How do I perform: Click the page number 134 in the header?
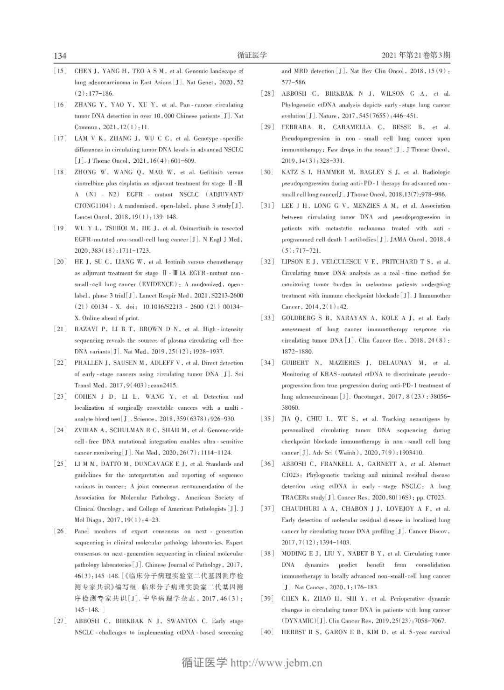(x=60, y=56)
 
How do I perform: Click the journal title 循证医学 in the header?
(x=252, y=55)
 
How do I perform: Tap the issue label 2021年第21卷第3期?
(x=416, y=55)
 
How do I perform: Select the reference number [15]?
(x=60, y=71)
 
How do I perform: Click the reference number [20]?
(x=60, y=262)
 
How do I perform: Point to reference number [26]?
(x=60, y=531)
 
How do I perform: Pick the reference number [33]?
(x=267, y=318)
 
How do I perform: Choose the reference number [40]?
(x=267, y=632)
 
